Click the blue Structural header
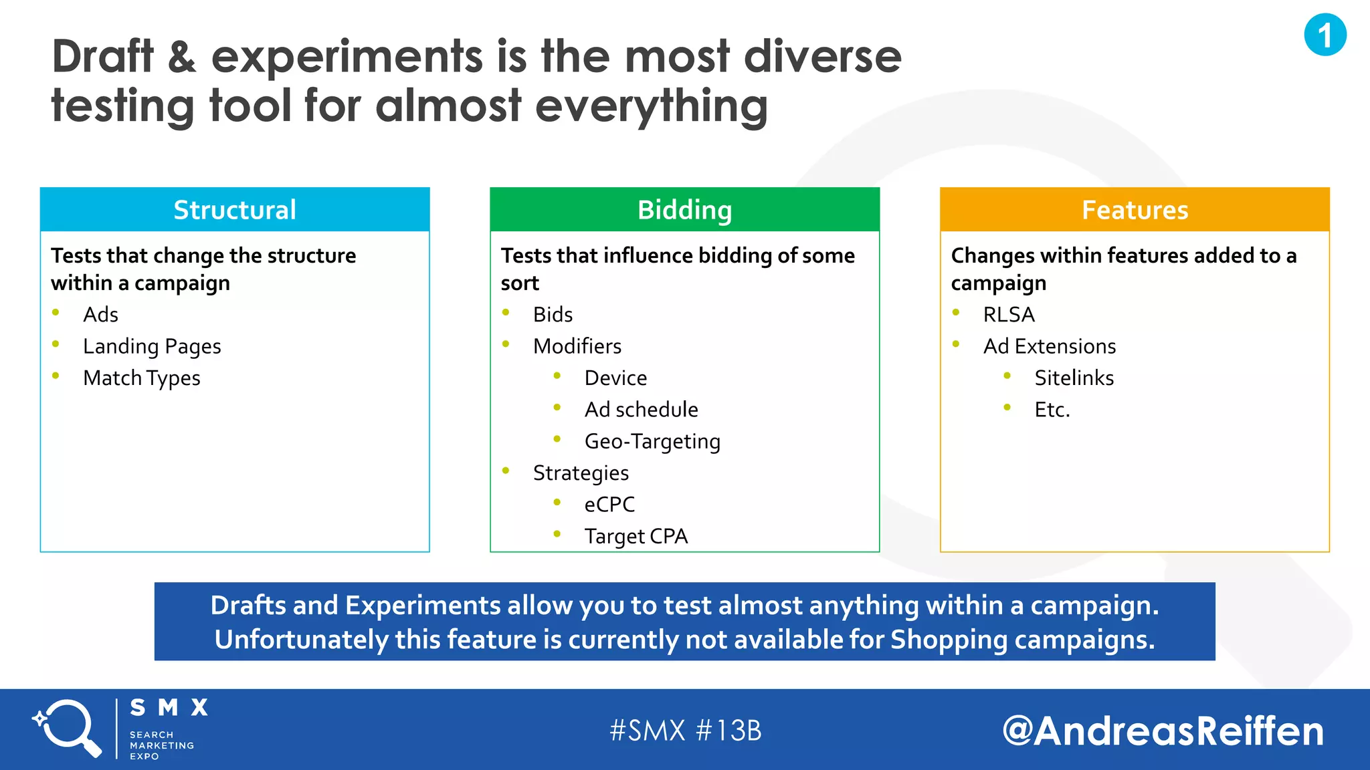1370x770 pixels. (x=235, y=210)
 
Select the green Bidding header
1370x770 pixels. (x=684, y=210)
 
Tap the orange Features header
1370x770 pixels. (x=1135, y=210)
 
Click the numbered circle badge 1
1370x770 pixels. (x=1325, y=35)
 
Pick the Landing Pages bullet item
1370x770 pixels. (x=152, y=346)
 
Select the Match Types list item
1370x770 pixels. (x=142, y=378)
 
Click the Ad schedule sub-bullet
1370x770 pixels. (x=641, y=410)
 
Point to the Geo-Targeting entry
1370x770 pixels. (x=652, y=442)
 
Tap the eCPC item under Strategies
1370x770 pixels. (x=609, y=505)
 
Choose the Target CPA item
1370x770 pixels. (x=635, y=536)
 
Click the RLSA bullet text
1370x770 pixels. (x=1009, y=315)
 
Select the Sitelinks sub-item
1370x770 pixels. (x=1074, y=378)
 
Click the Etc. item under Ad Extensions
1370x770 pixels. (x=1052, y=410)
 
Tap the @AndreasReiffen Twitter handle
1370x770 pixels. (x=1163, y=731)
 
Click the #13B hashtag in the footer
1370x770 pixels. (x=729, y=731)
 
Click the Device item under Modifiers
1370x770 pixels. (x=615, y=378)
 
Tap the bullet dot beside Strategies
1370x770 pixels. (x=506, y=471)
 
